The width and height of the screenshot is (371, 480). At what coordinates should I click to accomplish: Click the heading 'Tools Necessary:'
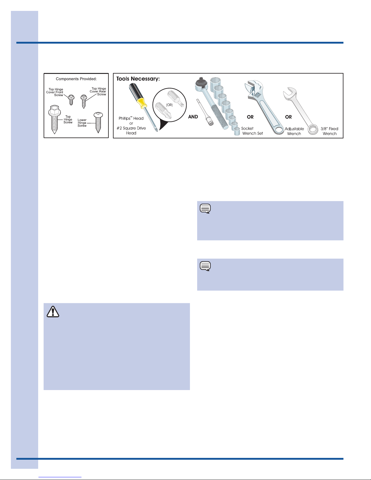click(x=138, y=79)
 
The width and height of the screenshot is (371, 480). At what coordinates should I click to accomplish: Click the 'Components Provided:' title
click(x=76, y=79)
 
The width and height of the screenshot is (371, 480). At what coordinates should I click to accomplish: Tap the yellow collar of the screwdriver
click(x=142, y=103)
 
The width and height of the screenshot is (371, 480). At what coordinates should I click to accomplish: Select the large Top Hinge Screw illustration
click(x=54, y=119)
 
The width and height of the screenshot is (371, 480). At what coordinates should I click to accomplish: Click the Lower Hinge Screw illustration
click(x=98, y=122)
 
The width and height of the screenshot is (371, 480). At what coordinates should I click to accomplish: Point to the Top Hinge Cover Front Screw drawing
click(x=71, y=100)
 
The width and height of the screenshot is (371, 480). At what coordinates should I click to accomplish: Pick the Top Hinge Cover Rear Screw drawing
click(x=84, y=101)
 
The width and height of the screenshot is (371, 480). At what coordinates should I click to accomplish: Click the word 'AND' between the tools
click(x=193, y=117)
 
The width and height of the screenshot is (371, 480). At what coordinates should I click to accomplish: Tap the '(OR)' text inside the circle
click(x=169, y=105)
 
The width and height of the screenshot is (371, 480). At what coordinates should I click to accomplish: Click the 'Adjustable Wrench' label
click(x=294, y=131)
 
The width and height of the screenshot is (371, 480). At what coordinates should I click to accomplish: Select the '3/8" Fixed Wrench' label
click(x=330, y=131)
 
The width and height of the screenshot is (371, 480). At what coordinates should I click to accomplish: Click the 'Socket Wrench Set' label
click(x=252, y=131)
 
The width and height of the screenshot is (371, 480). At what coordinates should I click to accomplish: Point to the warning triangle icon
click(x=53, y=312)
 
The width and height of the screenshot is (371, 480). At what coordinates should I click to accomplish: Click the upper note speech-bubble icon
click(x=205, y=208)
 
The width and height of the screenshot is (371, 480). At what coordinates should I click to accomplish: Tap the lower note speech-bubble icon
click(x=205, y=266)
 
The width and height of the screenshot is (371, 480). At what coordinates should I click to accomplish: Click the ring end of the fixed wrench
click(x=313, y=130)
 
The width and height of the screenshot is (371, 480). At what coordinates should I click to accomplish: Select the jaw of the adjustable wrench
click(x=253, y=89)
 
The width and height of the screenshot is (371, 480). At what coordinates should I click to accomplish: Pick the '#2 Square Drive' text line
click(x=131, y=128)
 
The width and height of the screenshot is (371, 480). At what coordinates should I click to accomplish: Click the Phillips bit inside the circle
click(x=163, y=110)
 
